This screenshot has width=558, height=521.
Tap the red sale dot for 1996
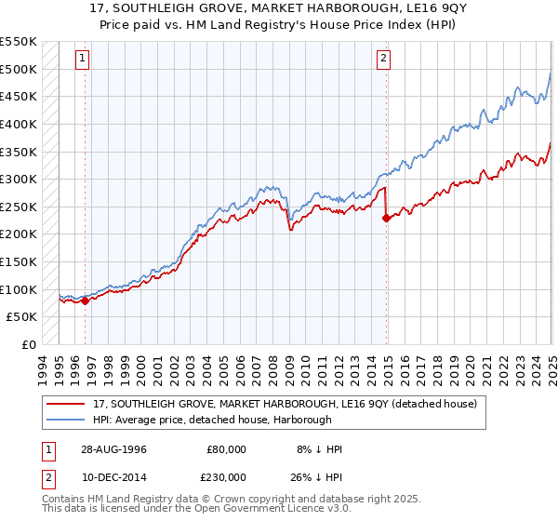point(85,301)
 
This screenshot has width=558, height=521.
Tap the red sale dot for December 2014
point(386,219)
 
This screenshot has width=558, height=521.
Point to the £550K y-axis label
point(19,42)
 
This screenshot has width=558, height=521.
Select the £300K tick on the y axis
point(19,179)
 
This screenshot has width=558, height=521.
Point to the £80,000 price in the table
point(227,449)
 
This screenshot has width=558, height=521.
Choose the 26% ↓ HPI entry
point(315,476)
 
